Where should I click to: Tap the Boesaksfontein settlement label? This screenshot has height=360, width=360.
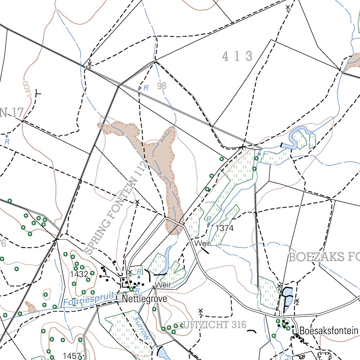pyautogui.click(x=329, y=331)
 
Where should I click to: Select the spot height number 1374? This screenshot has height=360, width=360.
pyautogui.click(x=224, y=228)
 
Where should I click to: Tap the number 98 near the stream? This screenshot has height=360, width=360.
pyautogui.click(x=162, y=86)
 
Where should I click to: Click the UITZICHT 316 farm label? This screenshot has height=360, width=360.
pyautogui.click(x=214, y=324)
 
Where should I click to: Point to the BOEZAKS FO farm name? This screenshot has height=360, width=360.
pyautogui.click(x=324, y=257)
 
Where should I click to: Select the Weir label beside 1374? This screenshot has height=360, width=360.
pyautogui.click(x=203, y=243)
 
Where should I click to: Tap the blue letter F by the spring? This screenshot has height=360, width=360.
pyautogui.click(x=265, y=154)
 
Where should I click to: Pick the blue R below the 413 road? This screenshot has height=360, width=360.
pyautogui.click(x=146, y=88)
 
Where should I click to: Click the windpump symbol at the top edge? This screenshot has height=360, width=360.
pyautogui.click(x=288, y=8)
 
